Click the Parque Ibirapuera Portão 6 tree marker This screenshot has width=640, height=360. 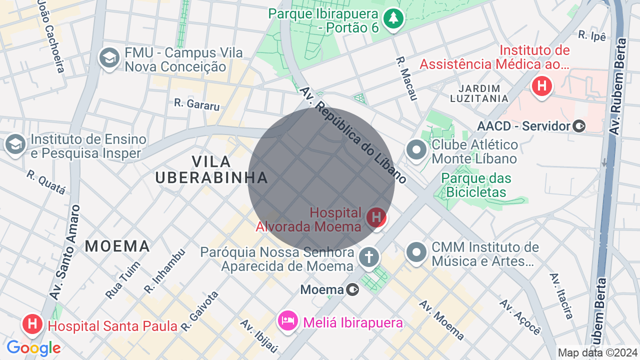[x=393, y=19]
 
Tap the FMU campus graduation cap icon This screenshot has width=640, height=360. [x=109, y=58]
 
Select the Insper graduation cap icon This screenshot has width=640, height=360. [x=15, y=144]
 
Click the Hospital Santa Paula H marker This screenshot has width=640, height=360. [x=32, y=324]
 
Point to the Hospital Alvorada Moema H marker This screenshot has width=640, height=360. [x=376, y=218]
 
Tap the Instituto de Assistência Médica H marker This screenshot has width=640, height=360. [x=541, y=86]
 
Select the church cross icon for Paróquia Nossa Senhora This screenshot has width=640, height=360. [x=369, y=257]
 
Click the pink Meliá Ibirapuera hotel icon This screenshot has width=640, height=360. [x=288, y=320]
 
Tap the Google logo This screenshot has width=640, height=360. [x=33, y=348]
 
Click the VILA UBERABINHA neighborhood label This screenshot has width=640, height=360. [x=211, y=169]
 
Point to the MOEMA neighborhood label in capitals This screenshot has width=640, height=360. [x=117, y=246]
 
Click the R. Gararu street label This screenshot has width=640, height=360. [x=197, y=104]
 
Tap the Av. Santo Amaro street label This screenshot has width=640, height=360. [x=64, y=252]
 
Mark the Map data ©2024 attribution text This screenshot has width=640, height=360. [x=597, y=353]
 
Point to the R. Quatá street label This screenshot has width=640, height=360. [x=46, y=182]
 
